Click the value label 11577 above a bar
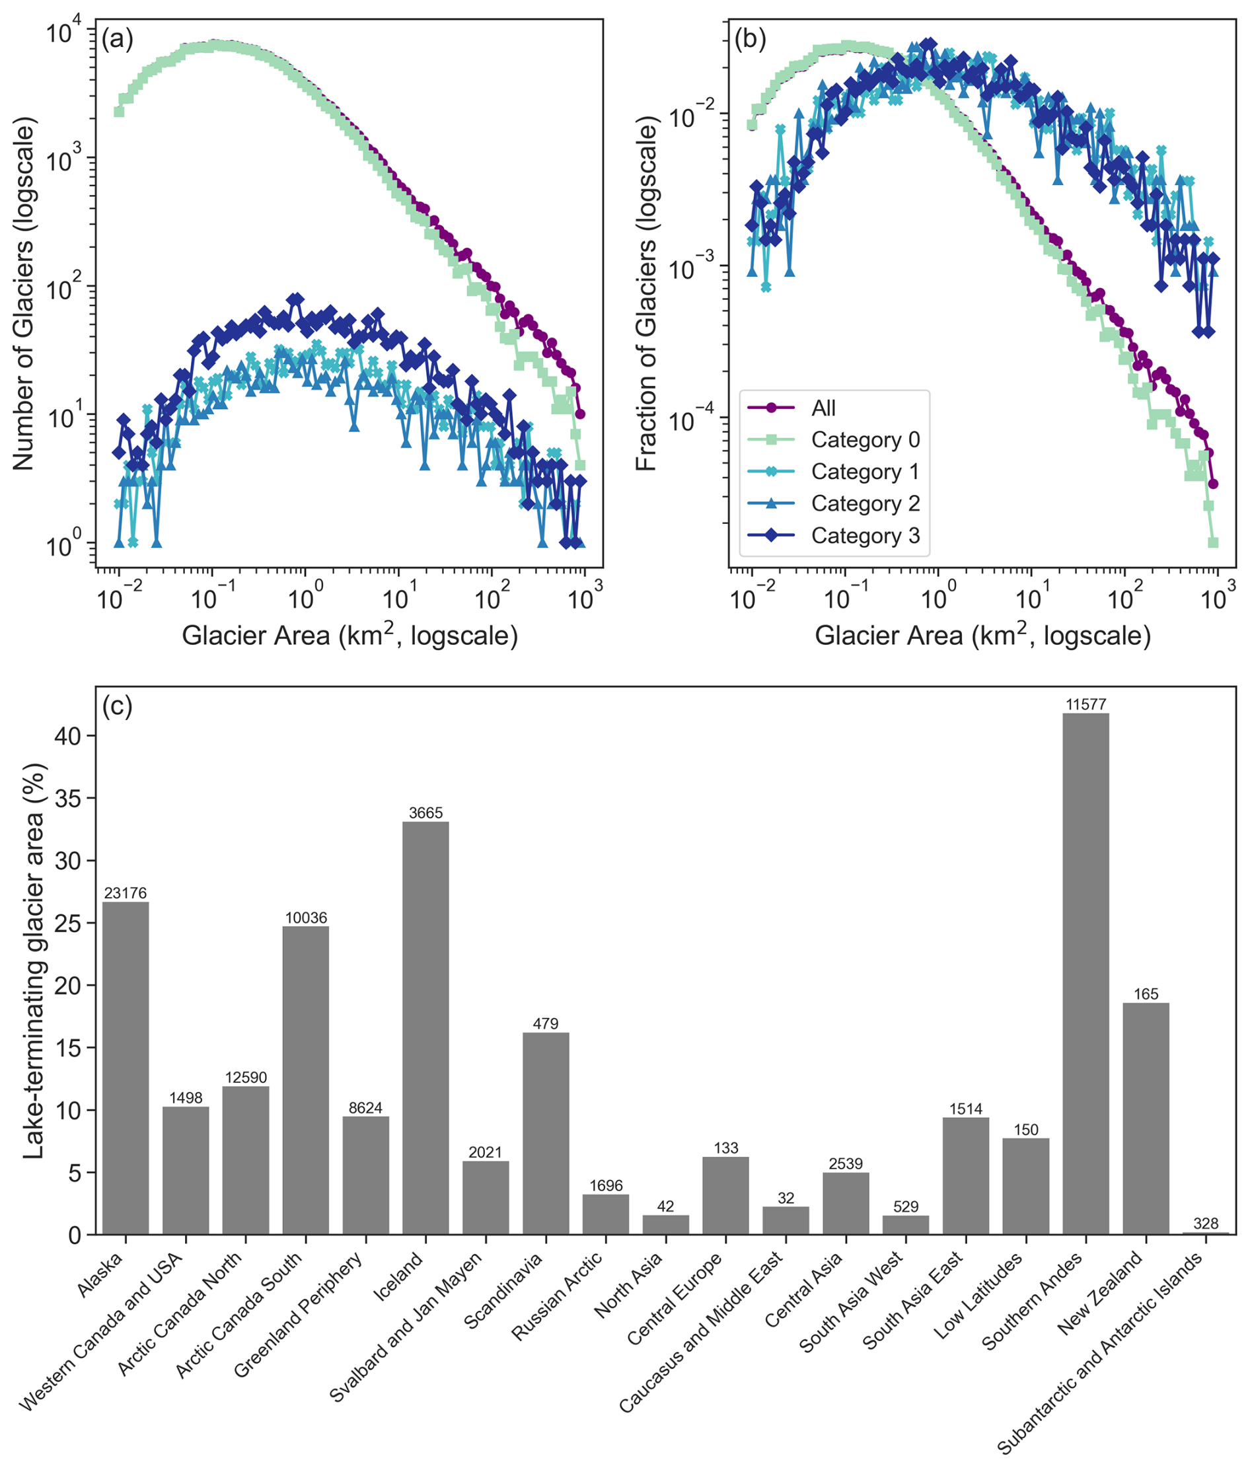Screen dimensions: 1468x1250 (1085, 704)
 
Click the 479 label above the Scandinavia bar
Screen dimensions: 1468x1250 (546, 1023)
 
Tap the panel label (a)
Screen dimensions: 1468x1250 (117, 39)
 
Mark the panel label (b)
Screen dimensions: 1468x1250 (751, 39)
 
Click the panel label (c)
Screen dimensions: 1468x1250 (117, 706)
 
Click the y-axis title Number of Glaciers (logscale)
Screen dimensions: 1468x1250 (23, 297)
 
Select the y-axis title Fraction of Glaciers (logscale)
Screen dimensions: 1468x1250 (646, 297)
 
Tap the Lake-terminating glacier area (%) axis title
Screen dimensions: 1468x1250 (33, 961)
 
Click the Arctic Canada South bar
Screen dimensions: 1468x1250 (305, 1080)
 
